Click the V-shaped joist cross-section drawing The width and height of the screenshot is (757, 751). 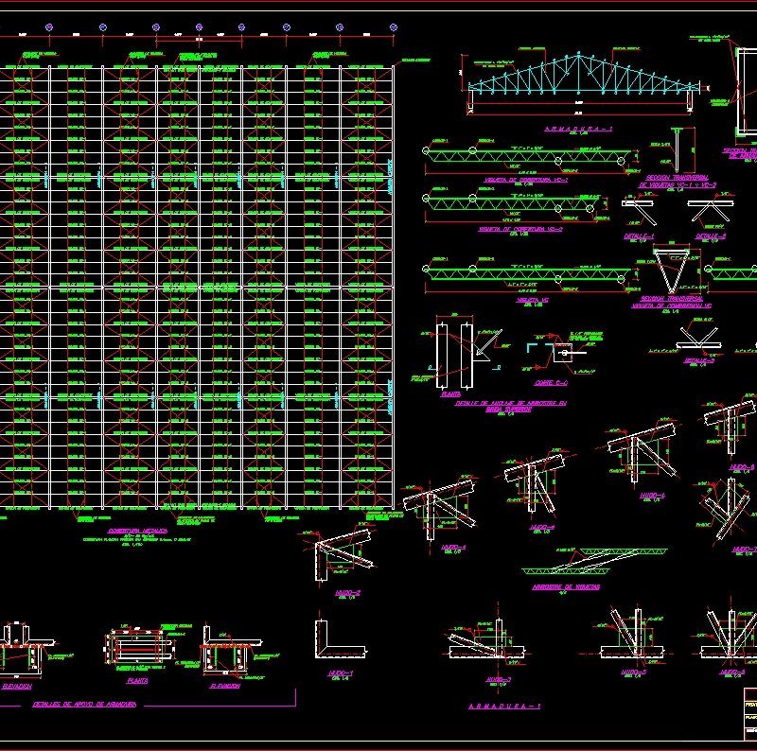(677, 270)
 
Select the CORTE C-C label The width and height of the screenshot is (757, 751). (550, 383)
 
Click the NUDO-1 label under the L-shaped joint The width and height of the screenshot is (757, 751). (339, 673)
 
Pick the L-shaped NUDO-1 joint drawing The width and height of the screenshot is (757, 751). (336, 638)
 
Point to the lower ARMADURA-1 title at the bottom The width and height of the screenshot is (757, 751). (504, 707)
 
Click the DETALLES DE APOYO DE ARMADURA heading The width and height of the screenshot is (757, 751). (85, 705)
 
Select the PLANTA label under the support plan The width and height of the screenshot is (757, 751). (137, 679)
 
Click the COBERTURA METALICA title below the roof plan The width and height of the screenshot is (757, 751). (136, 532)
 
